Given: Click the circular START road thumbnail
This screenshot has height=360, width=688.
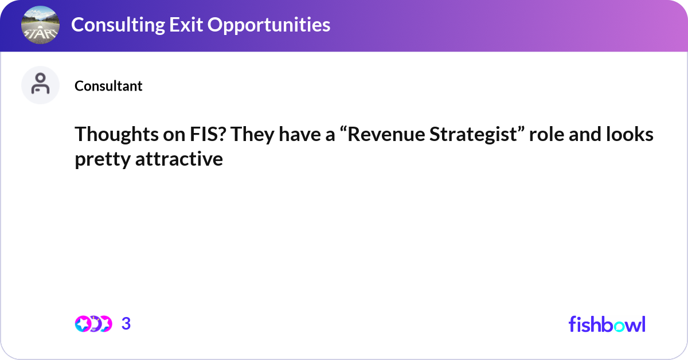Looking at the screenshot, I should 40,25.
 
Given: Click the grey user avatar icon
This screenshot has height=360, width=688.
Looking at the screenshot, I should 40,85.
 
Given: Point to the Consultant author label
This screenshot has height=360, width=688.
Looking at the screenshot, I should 108,86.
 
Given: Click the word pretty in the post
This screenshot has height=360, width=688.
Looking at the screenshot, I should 102,159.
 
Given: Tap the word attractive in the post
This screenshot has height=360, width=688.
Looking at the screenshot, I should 179,159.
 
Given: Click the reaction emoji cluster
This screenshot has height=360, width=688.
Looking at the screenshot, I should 93,324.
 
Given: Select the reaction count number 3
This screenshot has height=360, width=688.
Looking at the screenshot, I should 126,324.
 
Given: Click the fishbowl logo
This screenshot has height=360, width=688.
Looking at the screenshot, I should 607,324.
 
